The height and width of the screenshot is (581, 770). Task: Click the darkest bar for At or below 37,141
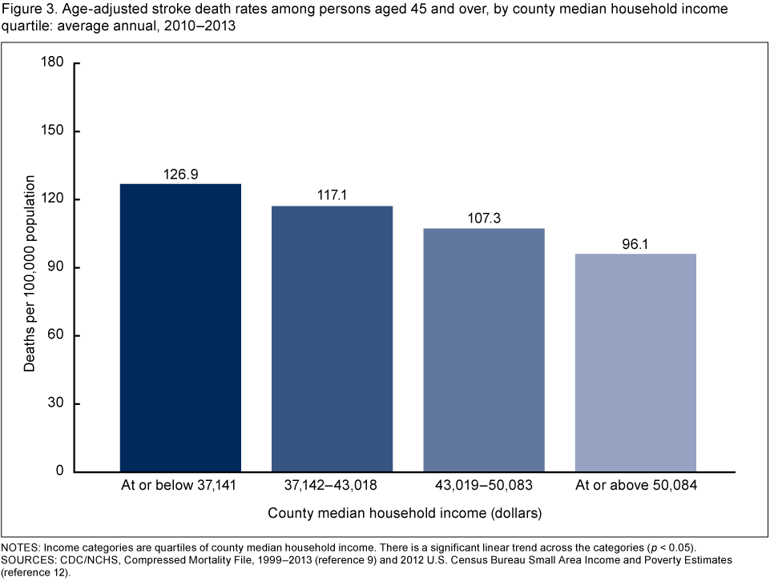coord(180,327)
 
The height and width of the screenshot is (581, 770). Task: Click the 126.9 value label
coord(180,174)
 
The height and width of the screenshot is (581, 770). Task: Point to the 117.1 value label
coord(332,195)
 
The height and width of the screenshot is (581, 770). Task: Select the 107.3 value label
coord(484,218)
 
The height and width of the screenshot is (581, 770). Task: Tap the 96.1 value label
coord(635,243)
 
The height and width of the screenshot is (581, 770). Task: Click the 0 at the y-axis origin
coord(58,471)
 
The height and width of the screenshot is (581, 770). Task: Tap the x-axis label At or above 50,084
coord(635,485)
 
